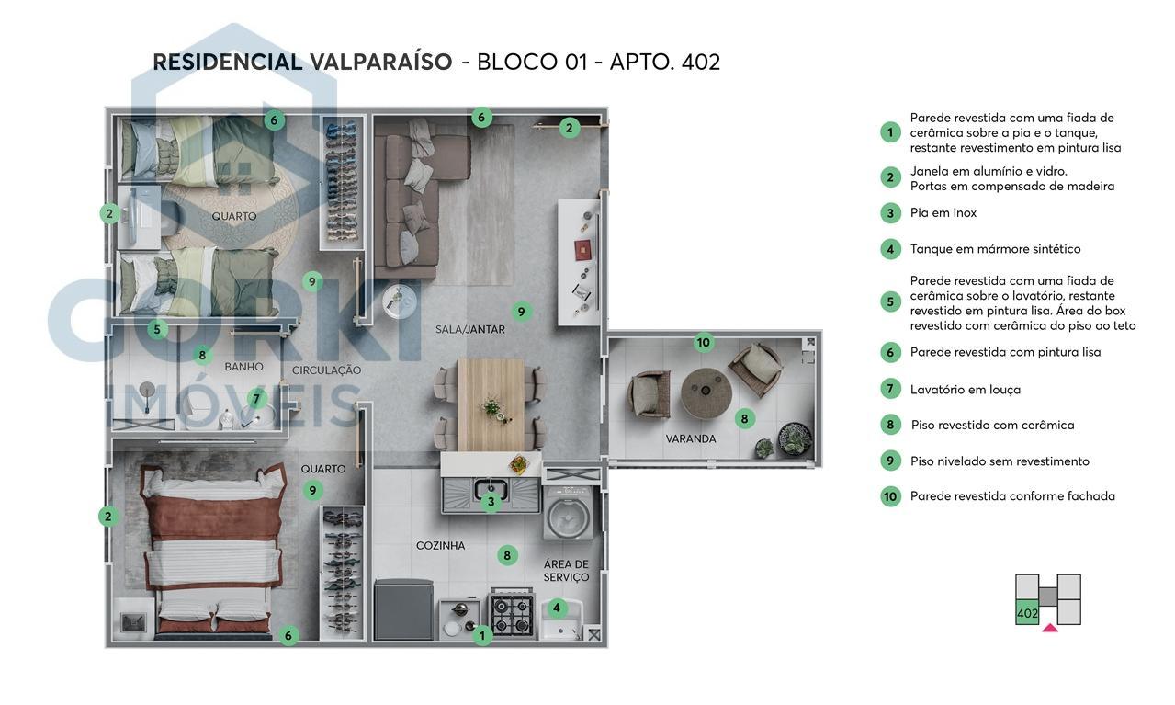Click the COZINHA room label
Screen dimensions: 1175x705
440,545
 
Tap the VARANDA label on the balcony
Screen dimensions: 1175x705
690,439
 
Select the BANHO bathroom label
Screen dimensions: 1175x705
243,367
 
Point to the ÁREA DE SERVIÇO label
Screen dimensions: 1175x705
566,571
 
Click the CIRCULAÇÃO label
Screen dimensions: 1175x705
326,370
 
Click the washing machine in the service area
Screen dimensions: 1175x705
570,515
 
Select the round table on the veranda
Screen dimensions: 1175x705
706,393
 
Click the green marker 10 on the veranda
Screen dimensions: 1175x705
703,343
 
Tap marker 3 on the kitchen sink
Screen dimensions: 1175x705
491,502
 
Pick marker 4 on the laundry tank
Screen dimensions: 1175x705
556,608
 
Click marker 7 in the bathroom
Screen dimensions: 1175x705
256,399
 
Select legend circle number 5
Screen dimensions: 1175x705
889,301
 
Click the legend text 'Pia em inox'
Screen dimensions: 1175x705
943,213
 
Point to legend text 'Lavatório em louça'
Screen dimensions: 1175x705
965,390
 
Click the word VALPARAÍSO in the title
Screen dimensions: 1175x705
380,63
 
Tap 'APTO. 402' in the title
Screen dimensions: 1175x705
664,63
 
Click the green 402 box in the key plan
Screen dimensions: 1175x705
1027,613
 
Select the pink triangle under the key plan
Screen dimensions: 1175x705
1049,629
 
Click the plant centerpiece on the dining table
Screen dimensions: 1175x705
492,405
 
